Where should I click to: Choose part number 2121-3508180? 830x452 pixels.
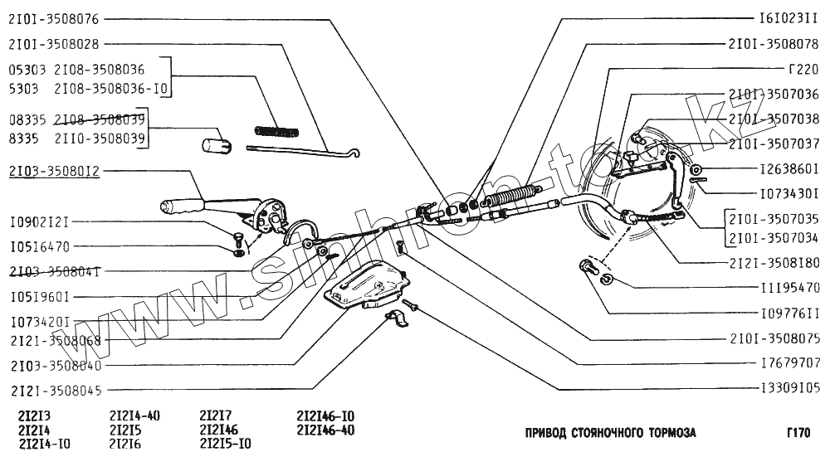pyautogui.click(x=774, y=261)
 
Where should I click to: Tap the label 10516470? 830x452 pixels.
pyautogui.click(x=39, y=246)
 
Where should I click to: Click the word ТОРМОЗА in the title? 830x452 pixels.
pyautogui.click(x=669, y=433)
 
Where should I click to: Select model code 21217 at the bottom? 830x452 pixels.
pyautogui.click(x=216, y=416)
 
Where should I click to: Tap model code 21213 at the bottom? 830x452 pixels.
pyautogui.click(x=33, y=416)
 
